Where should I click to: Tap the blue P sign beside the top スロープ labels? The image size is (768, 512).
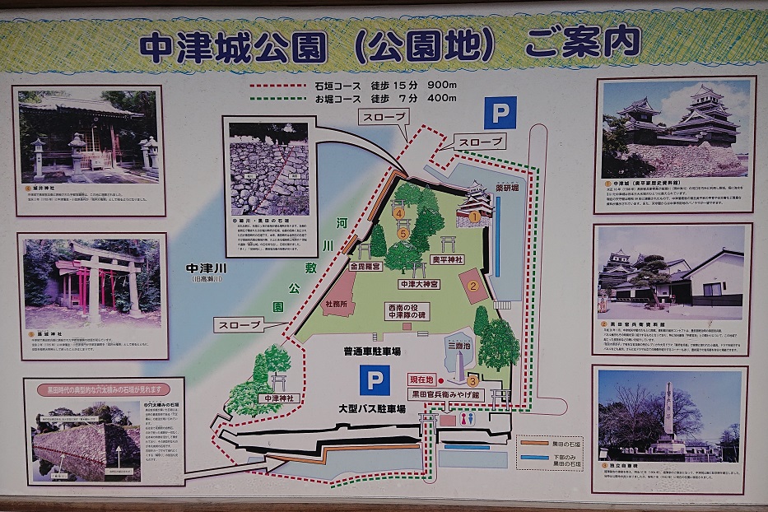(500, 113)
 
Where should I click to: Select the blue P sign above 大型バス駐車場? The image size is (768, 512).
(375, 381)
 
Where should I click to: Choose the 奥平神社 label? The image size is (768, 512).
(449, 258)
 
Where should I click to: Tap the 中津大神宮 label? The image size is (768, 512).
(419, 284)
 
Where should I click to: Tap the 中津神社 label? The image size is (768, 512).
(277, 398)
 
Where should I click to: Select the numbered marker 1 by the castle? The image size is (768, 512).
(475, 217)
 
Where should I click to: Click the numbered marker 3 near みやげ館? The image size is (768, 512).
(472, 380)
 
